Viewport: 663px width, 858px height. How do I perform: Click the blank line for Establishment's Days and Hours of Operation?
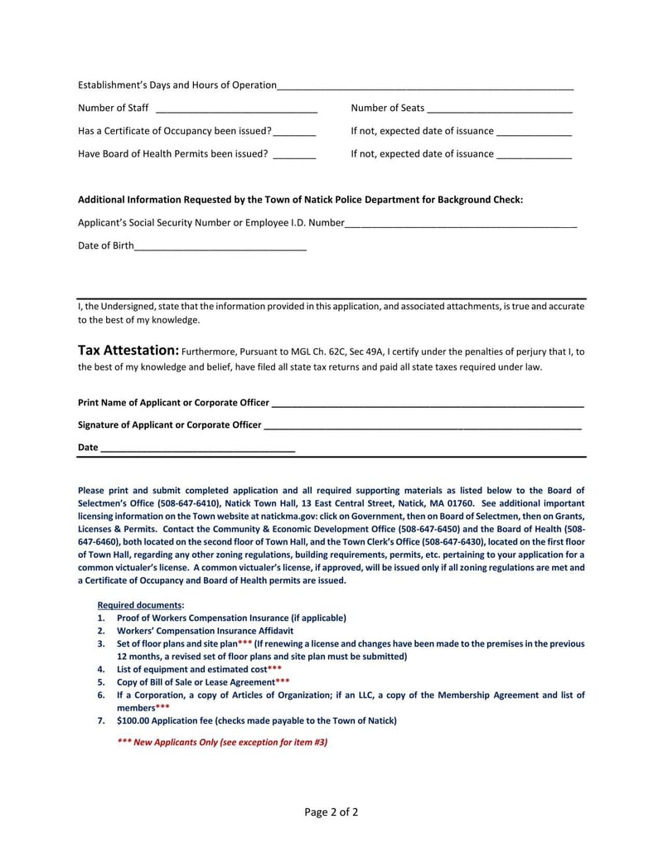point(425,85)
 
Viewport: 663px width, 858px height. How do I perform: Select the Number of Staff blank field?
point(236,109)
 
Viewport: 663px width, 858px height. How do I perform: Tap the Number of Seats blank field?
point(500,109)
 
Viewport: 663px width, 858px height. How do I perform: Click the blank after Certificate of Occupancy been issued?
point(294,132)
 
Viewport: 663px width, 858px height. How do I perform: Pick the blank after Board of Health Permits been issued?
point(294,154)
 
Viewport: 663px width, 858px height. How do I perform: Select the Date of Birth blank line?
point(220,246)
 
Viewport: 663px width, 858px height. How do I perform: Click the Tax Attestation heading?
point(128,351)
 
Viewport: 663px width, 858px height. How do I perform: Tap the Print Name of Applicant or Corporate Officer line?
point(427,404)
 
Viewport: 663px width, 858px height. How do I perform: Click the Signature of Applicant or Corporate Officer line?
point(421,426)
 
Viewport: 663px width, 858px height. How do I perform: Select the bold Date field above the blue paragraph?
point(196,448)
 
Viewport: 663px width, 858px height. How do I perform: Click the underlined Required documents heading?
point(141,605)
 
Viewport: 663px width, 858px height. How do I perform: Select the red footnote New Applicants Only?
point(222,743)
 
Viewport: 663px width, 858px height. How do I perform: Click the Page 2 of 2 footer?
point(331,812)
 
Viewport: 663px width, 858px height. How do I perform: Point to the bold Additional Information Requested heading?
point(300,200)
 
